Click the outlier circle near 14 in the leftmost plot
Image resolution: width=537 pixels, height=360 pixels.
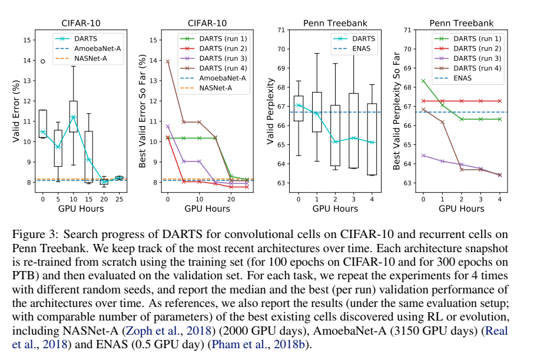click(x=42, y=61)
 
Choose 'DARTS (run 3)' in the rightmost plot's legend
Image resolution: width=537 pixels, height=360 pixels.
click(x=477, y=58)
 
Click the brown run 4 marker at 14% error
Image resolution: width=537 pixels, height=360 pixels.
click(x=167, y=61)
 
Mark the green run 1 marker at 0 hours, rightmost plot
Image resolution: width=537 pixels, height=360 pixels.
click(x=423, y=81)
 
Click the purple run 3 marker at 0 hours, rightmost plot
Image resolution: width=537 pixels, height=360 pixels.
click(x=423, y=156)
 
